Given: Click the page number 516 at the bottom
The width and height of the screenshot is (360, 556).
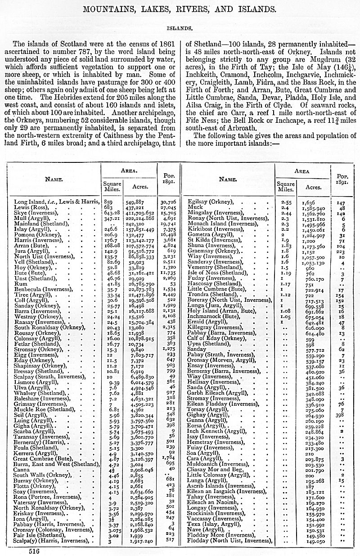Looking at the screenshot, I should [34, 550].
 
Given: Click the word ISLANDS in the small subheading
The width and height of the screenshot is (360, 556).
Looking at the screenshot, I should [180, 27].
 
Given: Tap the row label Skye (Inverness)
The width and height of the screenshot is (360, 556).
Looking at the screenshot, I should [33, 213].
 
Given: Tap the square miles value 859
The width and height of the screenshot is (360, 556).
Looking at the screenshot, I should [106, 202].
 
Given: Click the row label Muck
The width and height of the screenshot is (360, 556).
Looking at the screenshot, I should [196, 207].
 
